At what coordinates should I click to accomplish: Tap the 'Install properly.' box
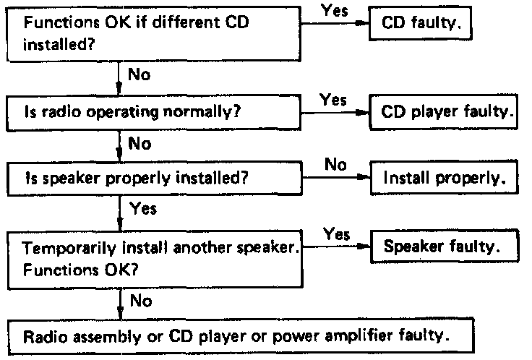click(x=444, y=178)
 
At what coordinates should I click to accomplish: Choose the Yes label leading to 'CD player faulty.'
click(x=333, y=100)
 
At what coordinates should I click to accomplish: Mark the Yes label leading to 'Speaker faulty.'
click(x=337, y=233)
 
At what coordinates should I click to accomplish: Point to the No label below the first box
click(x=139, y=74)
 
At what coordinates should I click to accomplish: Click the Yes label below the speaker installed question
click(x=142, y=210)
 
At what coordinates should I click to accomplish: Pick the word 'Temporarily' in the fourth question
click(x=58, y=249)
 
